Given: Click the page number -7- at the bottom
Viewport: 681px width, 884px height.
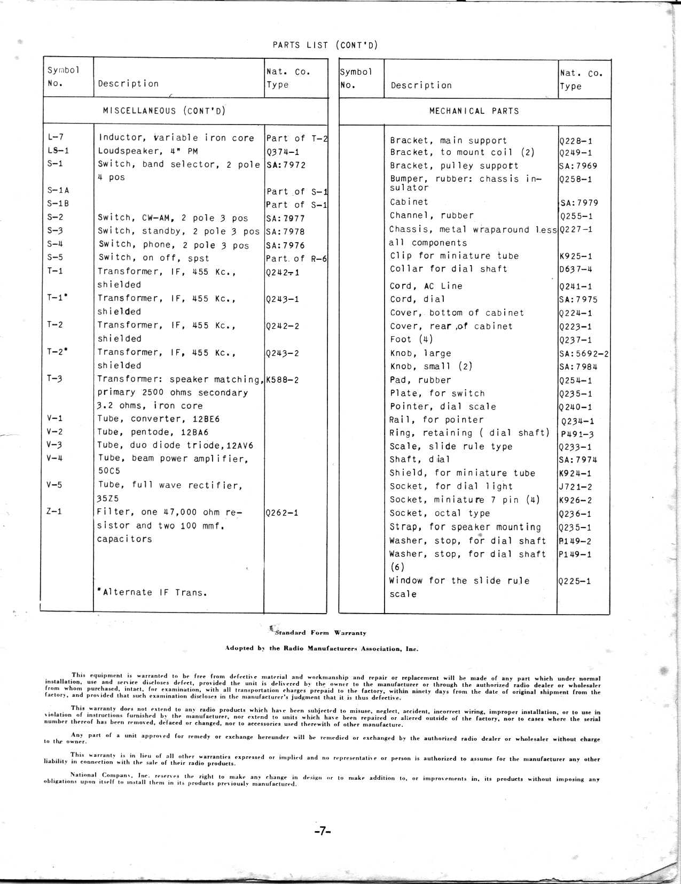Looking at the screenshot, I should [323, 831].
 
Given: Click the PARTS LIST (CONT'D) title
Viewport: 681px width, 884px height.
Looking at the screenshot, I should [325, 45].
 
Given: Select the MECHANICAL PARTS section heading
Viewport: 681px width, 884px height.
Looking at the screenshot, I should [474, 111].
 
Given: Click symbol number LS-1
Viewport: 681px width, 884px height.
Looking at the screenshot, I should [58, 151].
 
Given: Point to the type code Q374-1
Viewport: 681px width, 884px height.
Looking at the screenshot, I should [283, 152].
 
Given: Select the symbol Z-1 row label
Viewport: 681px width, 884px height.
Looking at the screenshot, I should [54, 511].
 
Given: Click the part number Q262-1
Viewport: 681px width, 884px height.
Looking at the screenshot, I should [281, 513].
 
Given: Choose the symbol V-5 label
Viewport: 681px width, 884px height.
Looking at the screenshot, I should [54, 485].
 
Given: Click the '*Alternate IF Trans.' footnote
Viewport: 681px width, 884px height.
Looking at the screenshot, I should [152, 592].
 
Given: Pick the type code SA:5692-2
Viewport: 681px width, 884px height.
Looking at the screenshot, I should [584, 354].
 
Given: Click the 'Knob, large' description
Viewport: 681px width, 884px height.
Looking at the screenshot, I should [420, 353].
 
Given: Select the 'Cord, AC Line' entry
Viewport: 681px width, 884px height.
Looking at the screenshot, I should [426, 286].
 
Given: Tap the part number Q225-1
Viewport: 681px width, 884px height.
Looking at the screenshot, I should [575, 581].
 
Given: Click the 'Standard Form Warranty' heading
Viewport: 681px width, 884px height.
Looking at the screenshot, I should [320, 633].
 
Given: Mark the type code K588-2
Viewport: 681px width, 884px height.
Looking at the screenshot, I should [282, 380].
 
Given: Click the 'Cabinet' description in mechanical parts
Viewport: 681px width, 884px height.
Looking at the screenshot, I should [409, 202].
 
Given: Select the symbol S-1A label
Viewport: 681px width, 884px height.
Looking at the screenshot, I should [58, 190].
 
